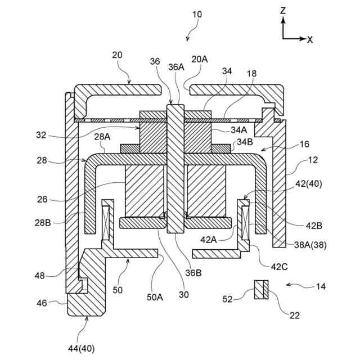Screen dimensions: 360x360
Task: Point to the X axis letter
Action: [310, 39]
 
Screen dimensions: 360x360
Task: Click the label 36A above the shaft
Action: [175, 66]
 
